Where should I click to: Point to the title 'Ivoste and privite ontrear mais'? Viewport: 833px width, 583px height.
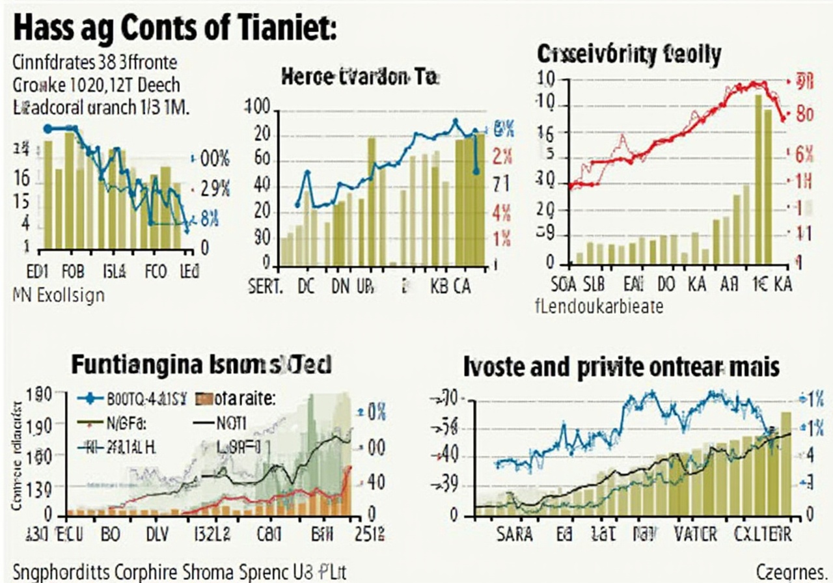point(621,367)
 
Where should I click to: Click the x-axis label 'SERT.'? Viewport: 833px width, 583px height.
point(266,286)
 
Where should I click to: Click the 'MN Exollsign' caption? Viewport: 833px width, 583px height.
point(59,296)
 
